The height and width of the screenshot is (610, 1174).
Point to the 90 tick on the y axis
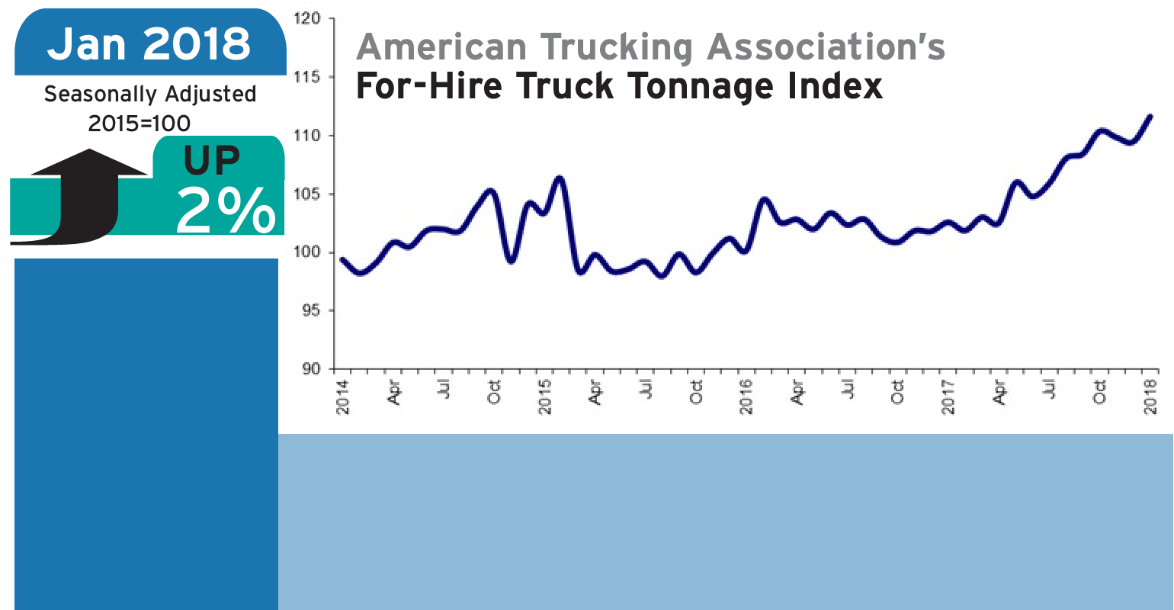[310, 369]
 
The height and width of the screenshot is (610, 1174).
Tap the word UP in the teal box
[211, 160]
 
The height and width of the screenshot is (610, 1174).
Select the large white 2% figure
[226, 210]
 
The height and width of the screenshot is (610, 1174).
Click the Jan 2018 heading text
[149, 43]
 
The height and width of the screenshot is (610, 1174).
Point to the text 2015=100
[140, 123]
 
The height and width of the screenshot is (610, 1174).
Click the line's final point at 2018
[1150, 117]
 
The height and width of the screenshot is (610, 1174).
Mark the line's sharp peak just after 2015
[560, 178]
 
